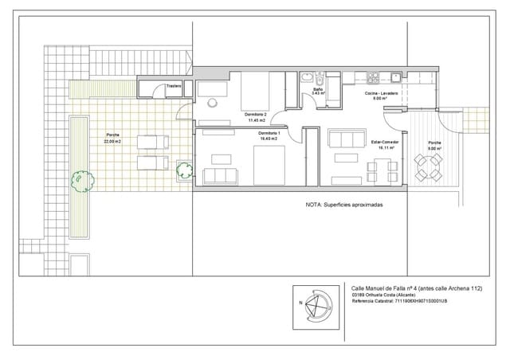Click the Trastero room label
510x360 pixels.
point(175,86)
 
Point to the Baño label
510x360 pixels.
point(317,88)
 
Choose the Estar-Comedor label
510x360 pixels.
point(386,142)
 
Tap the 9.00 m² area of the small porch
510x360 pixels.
point(433,149)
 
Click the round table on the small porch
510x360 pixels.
point(431,167)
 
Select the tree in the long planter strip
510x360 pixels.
point(80,181)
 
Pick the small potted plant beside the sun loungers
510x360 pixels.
point(185,169)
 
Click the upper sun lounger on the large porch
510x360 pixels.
point(152,142)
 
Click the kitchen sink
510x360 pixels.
point(395,77)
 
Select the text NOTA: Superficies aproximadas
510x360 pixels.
point(344,205)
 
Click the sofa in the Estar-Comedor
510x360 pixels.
point(344,139)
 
